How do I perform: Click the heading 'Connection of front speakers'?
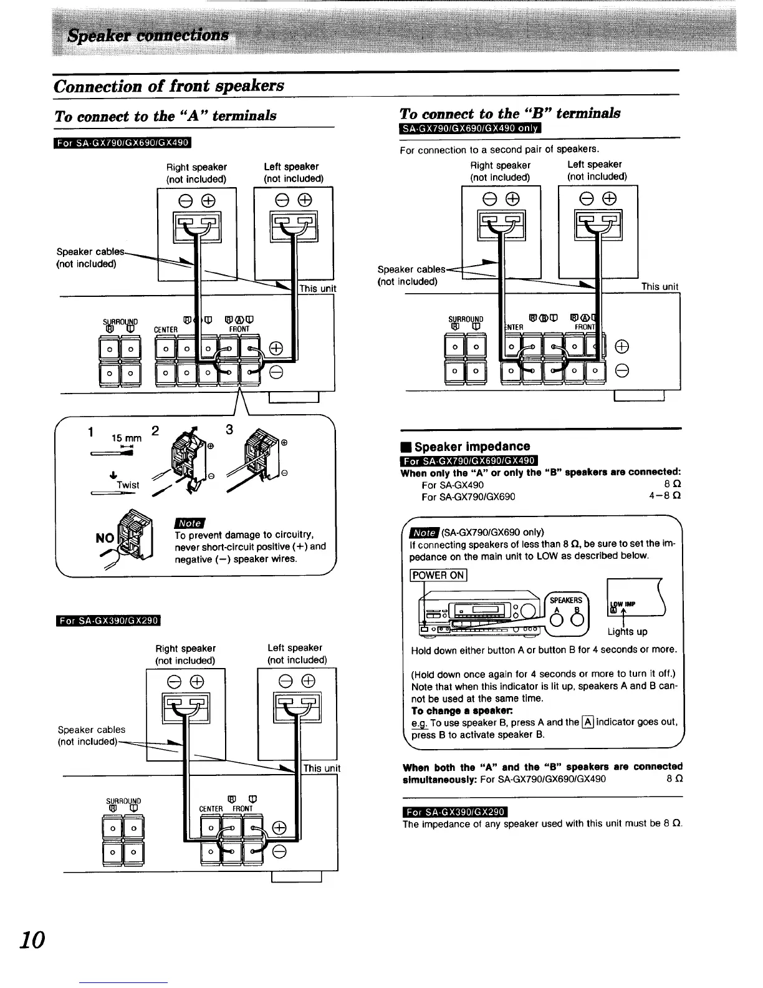[169, 85]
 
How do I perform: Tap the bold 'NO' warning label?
[105, 538]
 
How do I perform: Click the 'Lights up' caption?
[627, 631]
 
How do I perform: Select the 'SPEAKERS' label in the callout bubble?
[566, 600]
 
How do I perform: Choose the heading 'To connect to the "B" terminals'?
[509, 113]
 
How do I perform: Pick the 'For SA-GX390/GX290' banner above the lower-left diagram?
[108, 620]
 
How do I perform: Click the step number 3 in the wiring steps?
[229, 429]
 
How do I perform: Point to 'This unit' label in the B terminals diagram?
[660, 286]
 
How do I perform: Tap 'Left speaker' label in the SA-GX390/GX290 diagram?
[295, 647]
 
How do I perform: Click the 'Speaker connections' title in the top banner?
[148, 34]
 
